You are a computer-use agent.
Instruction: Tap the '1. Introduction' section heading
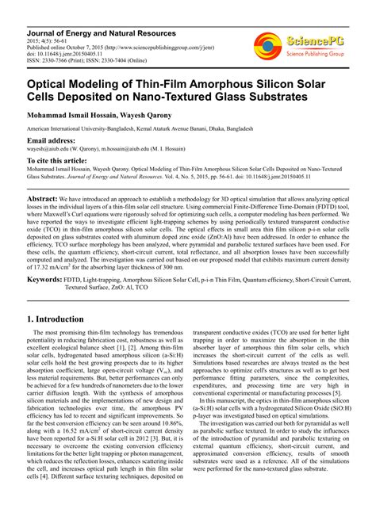62,318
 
